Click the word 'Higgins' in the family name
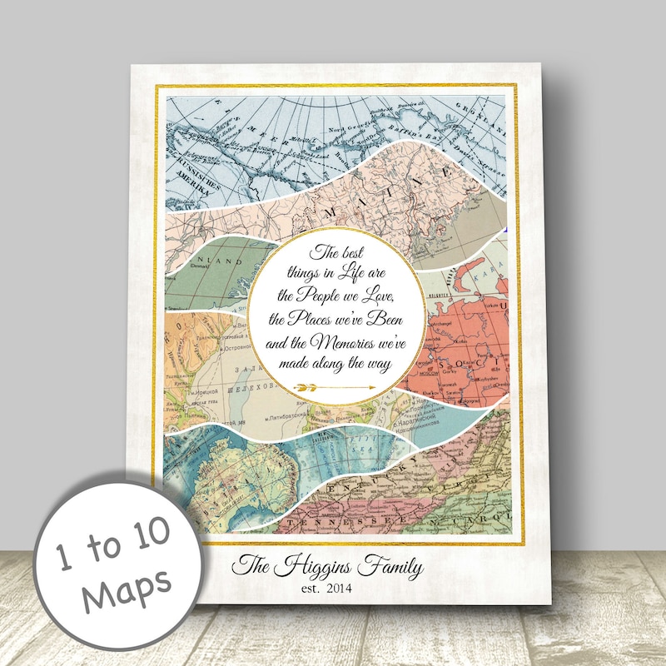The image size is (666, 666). (x=317, y=569)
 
